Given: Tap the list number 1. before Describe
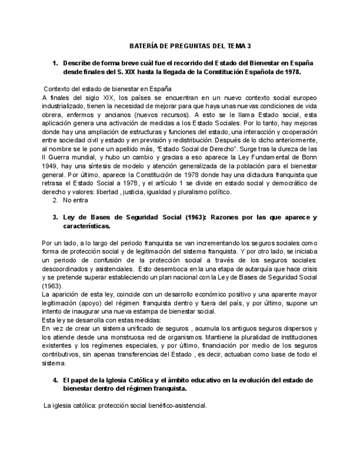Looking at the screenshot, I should click(55, 63).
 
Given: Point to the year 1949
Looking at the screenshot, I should click(51, 166).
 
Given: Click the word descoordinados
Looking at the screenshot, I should click(67, 269).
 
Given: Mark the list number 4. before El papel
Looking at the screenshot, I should click(55, 380).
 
